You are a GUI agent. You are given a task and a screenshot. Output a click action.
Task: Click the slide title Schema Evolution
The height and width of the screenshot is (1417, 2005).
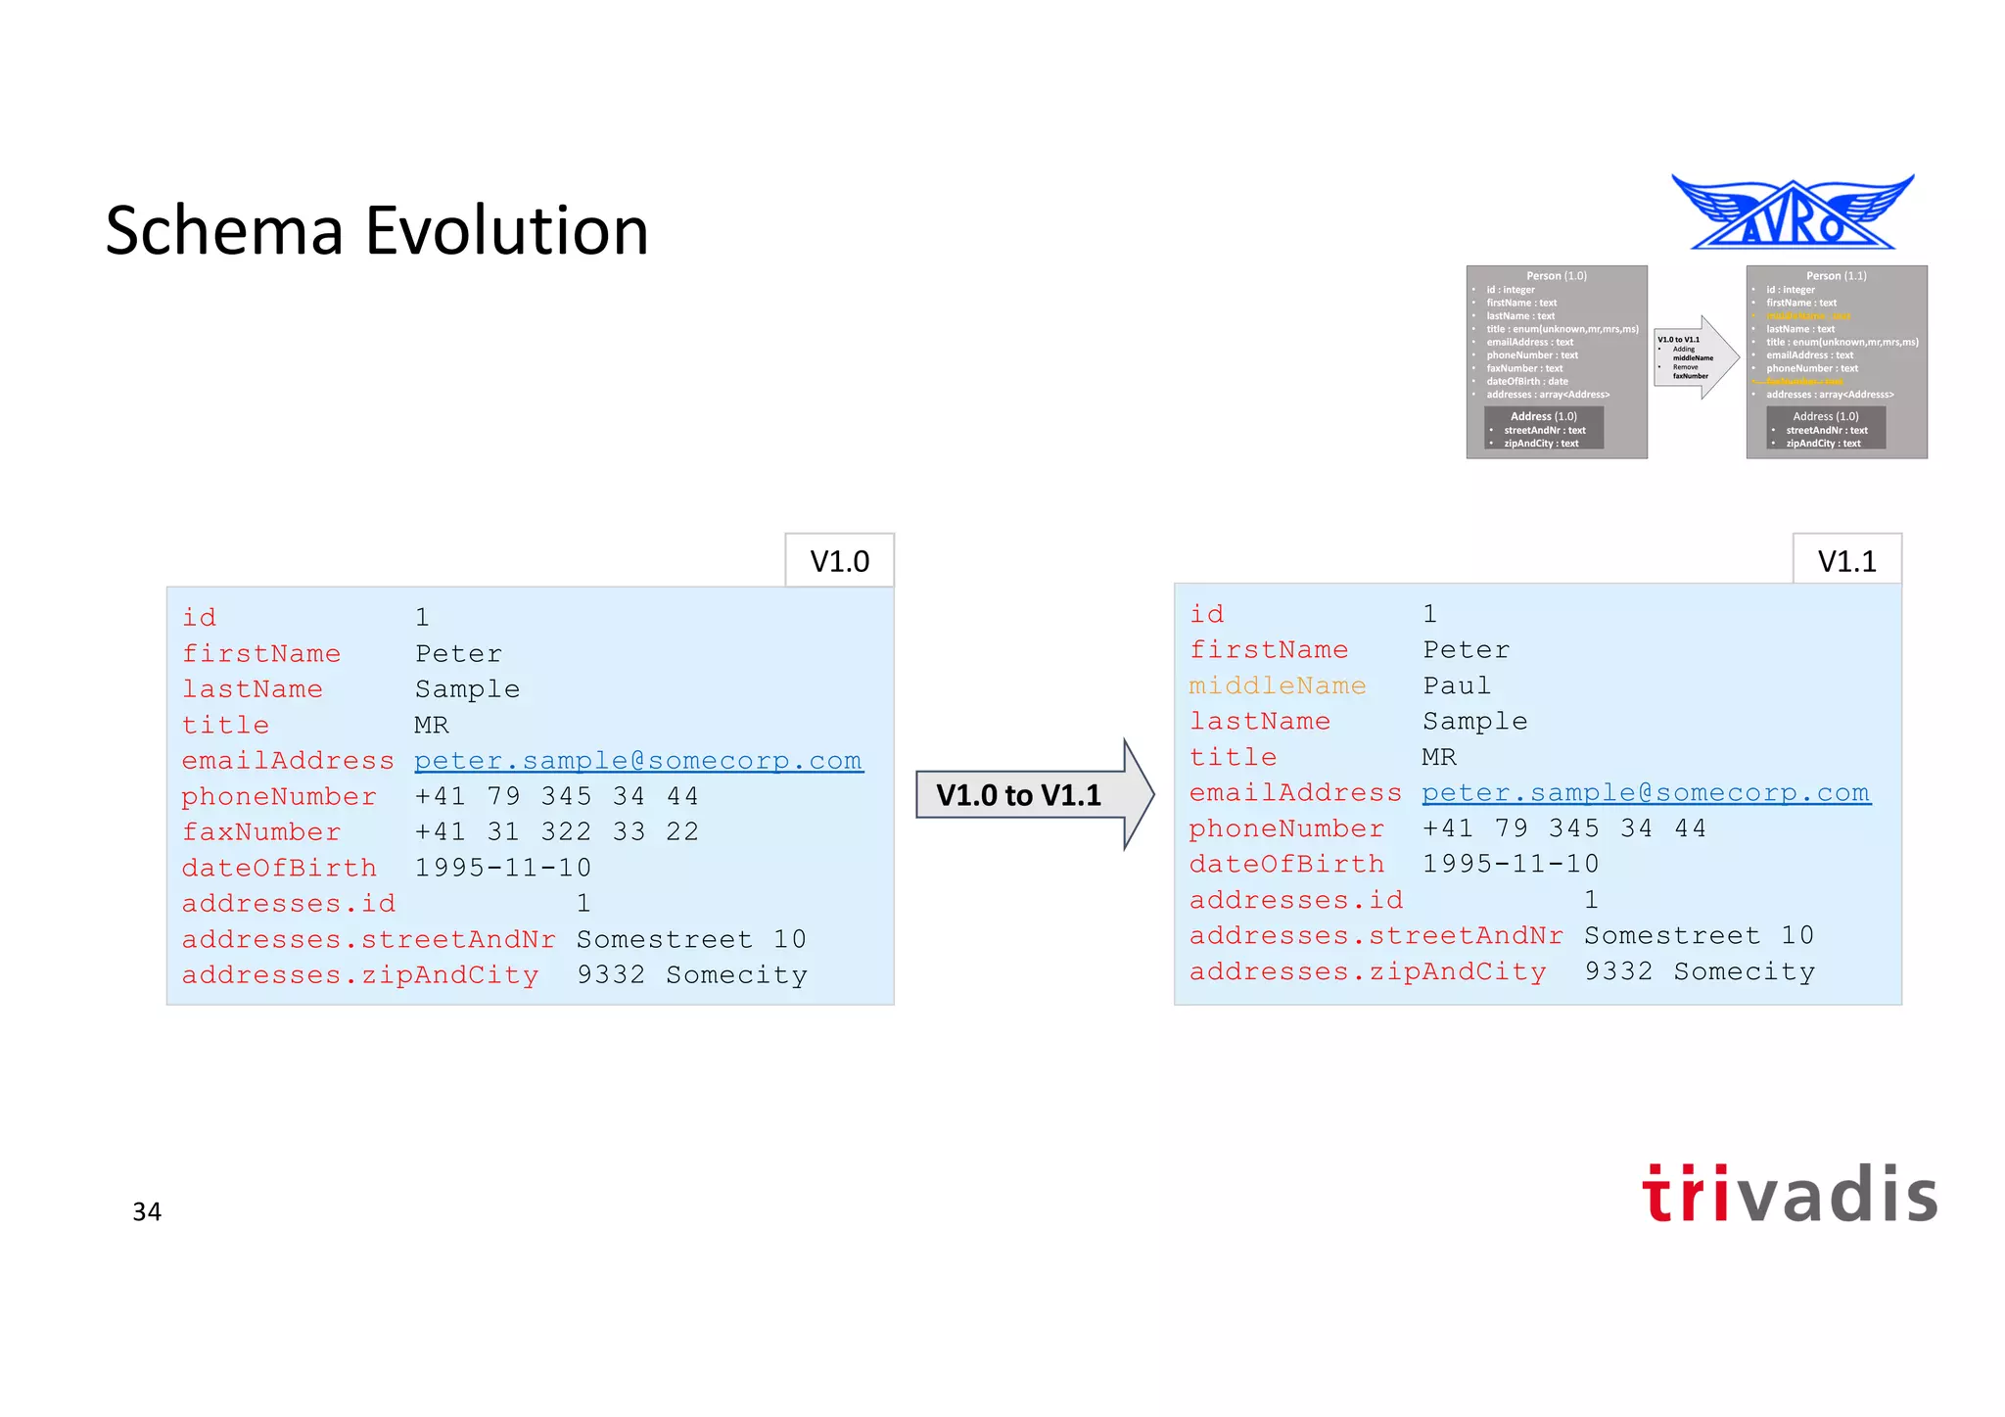tap(377, 231)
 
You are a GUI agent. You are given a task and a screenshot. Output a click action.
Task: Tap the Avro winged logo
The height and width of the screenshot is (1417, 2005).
tap(1793, 213)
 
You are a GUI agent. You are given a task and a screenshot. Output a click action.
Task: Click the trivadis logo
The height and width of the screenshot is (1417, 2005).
tap(1790, 1195)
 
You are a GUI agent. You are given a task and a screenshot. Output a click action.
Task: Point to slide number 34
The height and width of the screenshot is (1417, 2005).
tap(147, 1212)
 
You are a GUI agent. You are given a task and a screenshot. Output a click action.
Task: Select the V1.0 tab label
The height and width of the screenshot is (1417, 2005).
tap(839, 561)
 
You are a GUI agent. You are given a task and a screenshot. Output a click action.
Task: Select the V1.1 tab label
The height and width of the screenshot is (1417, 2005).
tap(1846, 561)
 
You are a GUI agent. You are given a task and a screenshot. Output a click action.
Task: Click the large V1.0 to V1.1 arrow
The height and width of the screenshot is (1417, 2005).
tap(1033, 794)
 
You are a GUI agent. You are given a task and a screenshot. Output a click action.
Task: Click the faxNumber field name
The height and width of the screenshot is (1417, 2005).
tap(261, 832)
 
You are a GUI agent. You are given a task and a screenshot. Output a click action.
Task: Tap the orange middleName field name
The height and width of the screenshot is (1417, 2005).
tap(1277, 685)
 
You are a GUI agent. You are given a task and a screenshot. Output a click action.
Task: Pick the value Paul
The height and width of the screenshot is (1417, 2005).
tap(1457, 685)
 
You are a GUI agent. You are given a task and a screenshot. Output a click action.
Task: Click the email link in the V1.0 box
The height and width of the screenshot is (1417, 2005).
tap(638, 761)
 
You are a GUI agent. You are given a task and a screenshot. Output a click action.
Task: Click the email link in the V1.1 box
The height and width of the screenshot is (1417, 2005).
tap(1646, 793)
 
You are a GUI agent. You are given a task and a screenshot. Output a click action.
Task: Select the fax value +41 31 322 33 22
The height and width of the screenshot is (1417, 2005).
tap(556, 832)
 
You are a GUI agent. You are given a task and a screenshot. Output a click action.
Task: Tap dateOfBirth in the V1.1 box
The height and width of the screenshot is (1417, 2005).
tap(1286, 864)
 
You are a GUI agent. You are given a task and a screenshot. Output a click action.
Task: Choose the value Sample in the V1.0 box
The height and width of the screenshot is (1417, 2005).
tap(467, 689)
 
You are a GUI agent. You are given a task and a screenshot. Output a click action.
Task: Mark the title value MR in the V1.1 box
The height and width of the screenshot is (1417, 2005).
tap(1439, 757)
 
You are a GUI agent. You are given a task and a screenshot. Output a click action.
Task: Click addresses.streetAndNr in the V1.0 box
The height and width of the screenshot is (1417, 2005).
tap(368, 939)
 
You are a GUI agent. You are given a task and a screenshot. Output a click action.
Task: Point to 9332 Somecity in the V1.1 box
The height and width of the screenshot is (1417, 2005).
tap(1700, 971)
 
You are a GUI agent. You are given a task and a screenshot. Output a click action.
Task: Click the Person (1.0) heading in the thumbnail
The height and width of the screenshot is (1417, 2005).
tap(1557, 276)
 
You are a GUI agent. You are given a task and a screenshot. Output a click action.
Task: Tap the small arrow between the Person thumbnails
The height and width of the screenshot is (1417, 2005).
tap(1696, 357)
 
